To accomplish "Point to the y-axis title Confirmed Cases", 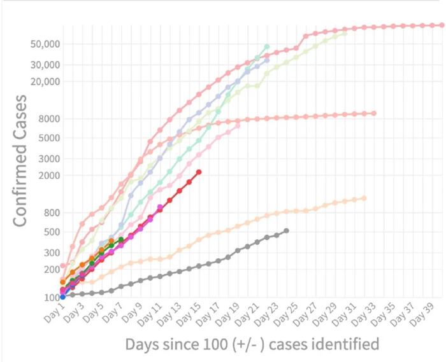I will [x=20, y=160].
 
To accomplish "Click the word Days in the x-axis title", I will [x=141, y=344].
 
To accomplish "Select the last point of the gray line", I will [x=286, y=231].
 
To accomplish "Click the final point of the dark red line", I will [x=199, y=172].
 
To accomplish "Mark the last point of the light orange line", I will [x=364, y=198].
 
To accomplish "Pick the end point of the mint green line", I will [x=266, y=46].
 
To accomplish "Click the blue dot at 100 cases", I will [x=62, y=296].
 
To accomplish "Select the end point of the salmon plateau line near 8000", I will [x=373, y=113].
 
